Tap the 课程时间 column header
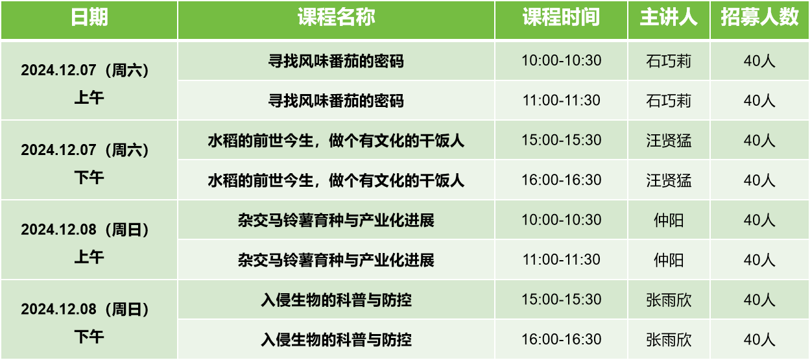click(x=561, y=17)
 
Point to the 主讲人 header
click(x=669, y=17)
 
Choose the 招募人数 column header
click(x=759, y=17)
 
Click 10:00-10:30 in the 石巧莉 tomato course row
click(x=561, y=60)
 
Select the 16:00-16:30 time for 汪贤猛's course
click(x=561, y=180)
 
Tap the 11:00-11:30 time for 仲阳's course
click(x=561, y=259)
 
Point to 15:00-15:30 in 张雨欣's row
click(x=561, y=299)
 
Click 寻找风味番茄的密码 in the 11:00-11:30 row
click(x=336, y=101)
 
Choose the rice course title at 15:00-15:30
click(x=336, y=140)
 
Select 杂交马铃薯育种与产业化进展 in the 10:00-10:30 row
click(x=336, y=220)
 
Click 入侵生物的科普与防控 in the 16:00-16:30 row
click(x=336, y=339)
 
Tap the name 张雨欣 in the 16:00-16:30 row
click(x=669, y=339)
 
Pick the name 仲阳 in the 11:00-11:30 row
click(x=669, y=259)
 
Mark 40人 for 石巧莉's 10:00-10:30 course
click(x=759, y=61)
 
